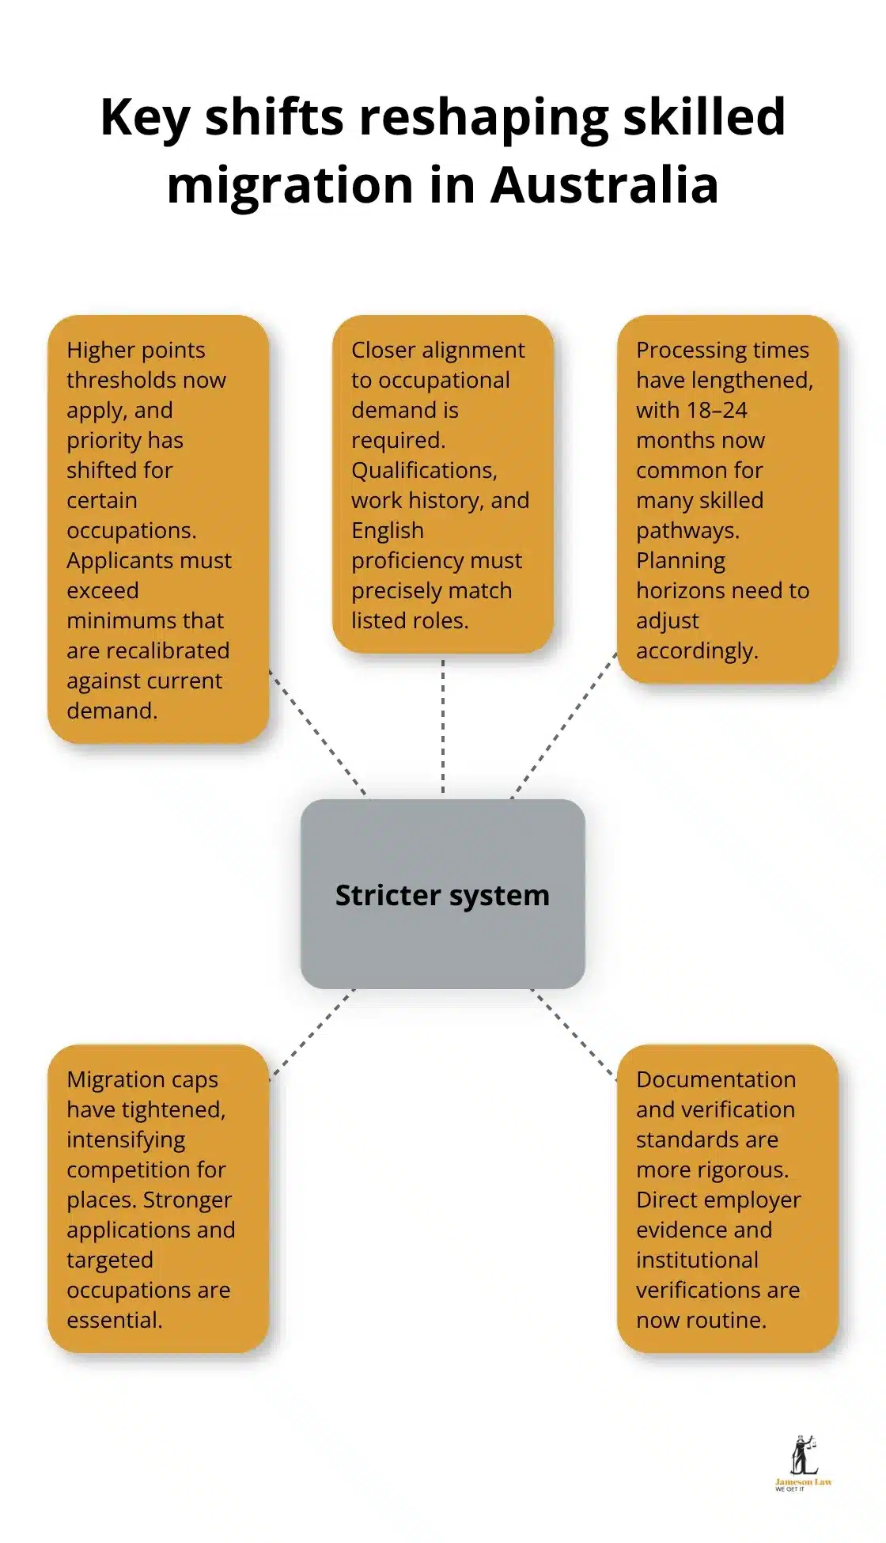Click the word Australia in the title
click(604, 185)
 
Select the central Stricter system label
click(442, 896)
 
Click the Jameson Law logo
click(803, 1463)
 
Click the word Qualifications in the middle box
click(423, 470)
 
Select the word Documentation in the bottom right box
click(715, 1079)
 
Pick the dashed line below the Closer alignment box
click(442, 724)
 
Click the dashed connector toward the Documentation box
click(574, 1034)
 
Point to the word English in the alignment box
click(387, 530)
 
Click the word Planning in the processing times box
click(680, 560)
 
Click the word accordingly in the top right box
click(696, 650)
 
